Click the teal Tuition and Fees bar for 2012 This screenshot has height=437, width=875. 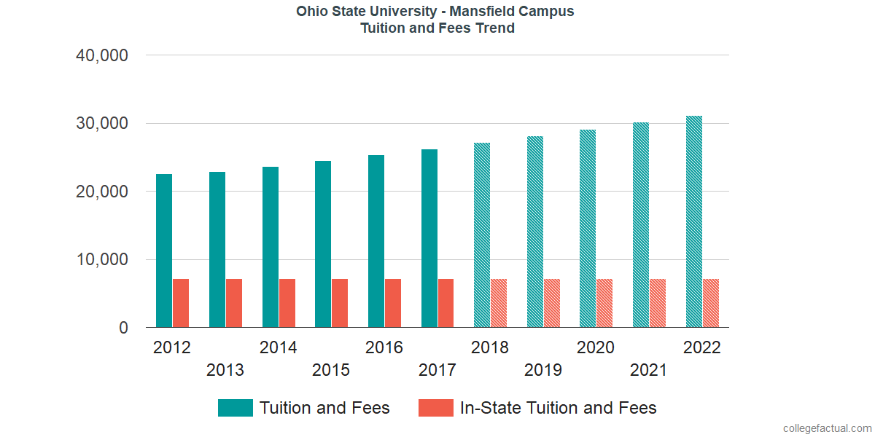tap(164, 251)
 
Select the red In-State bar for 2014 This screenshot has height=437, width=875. tap(287, 303)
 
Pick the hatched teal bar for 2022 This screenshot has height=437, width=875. tap(694, 221)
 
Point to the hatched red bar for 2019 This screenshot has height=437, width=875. tap(552, 303)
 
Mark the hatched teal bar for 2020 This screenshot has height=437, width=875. tap(588, 229)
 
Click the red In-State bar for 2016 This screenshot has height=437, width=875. tap(393, 303)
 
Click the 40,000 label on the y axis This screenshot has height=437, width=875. tap(102, 55)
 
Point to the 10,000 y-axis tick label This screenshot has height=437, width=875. tap(102, 260)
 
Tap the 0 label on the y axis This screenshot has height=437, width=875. tap(123, 328)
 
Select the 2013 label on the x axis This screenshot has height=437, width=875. tap(225, 370)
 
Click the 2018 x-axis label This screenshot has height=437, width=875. tap(490, 347)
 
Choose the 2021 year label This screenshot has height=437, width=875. tap(649, 370)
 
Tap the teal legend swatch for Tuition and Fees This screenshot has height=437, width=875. tap(236, 408)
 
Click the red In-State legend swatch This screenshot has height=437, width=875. tap(436, 408)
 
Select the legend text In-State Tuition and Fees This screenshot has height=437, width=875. tap(558, 408)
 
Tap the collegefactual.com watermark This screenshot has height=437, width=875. tap(826, 428)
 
